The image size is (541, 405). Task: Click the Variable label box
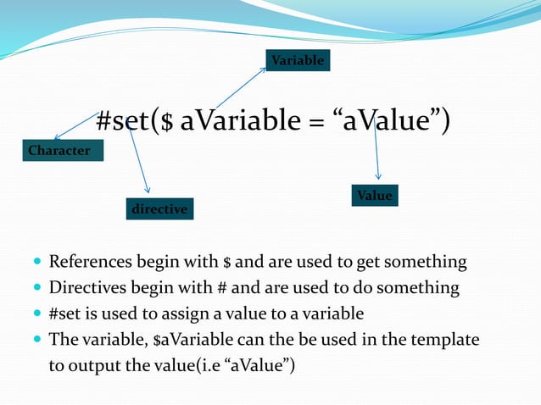click(x=297, y=61)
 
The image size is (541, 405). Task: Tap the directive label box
click(x=159, y=208)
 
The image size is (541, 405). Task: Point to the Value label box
click(x=375, y=196)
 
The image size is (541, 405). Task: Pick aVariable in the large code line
click(x=240, y=122)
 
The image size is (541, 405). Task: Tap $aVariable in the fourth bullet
click(x=161, y=340)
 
